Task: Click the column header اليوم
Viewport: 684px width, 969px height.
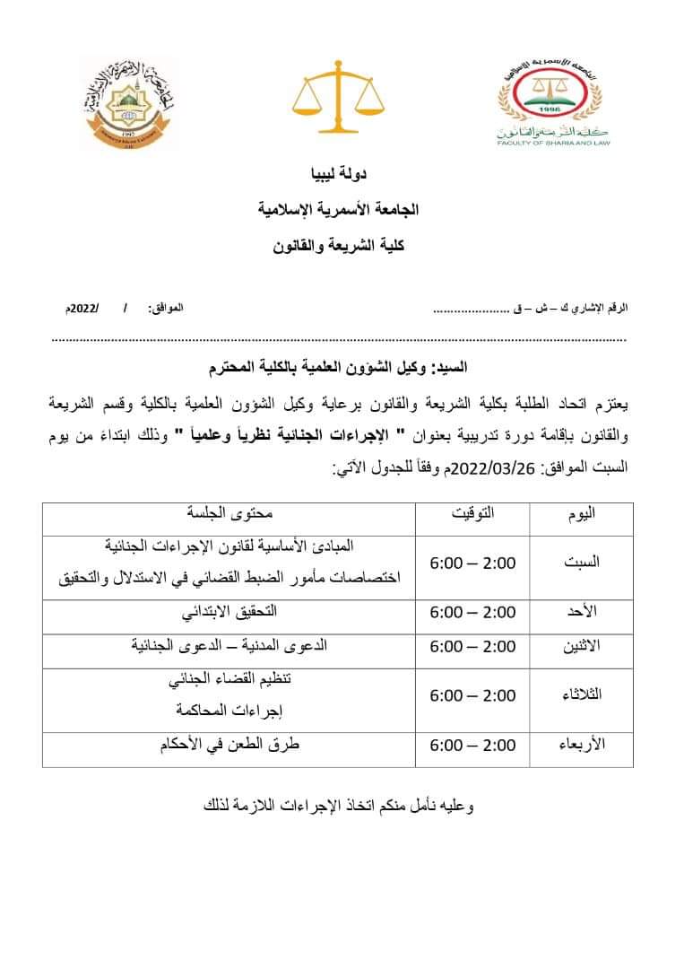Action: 582,514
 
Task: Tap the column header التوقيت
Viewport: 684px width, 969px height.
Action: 472,514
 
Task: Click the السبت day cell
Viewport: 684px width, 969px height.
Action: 582,563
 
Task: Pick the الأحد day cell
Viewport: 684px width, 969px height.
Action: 582,612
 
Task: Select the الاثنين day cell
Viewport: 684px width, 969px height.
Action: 582,647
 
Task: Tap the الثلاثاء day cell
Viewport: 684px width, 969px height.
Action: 582,695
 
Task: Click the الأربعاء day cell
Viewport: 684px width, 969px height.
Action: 582,745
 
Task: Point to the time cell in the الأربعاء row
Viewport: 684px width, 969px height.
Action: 472,745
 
